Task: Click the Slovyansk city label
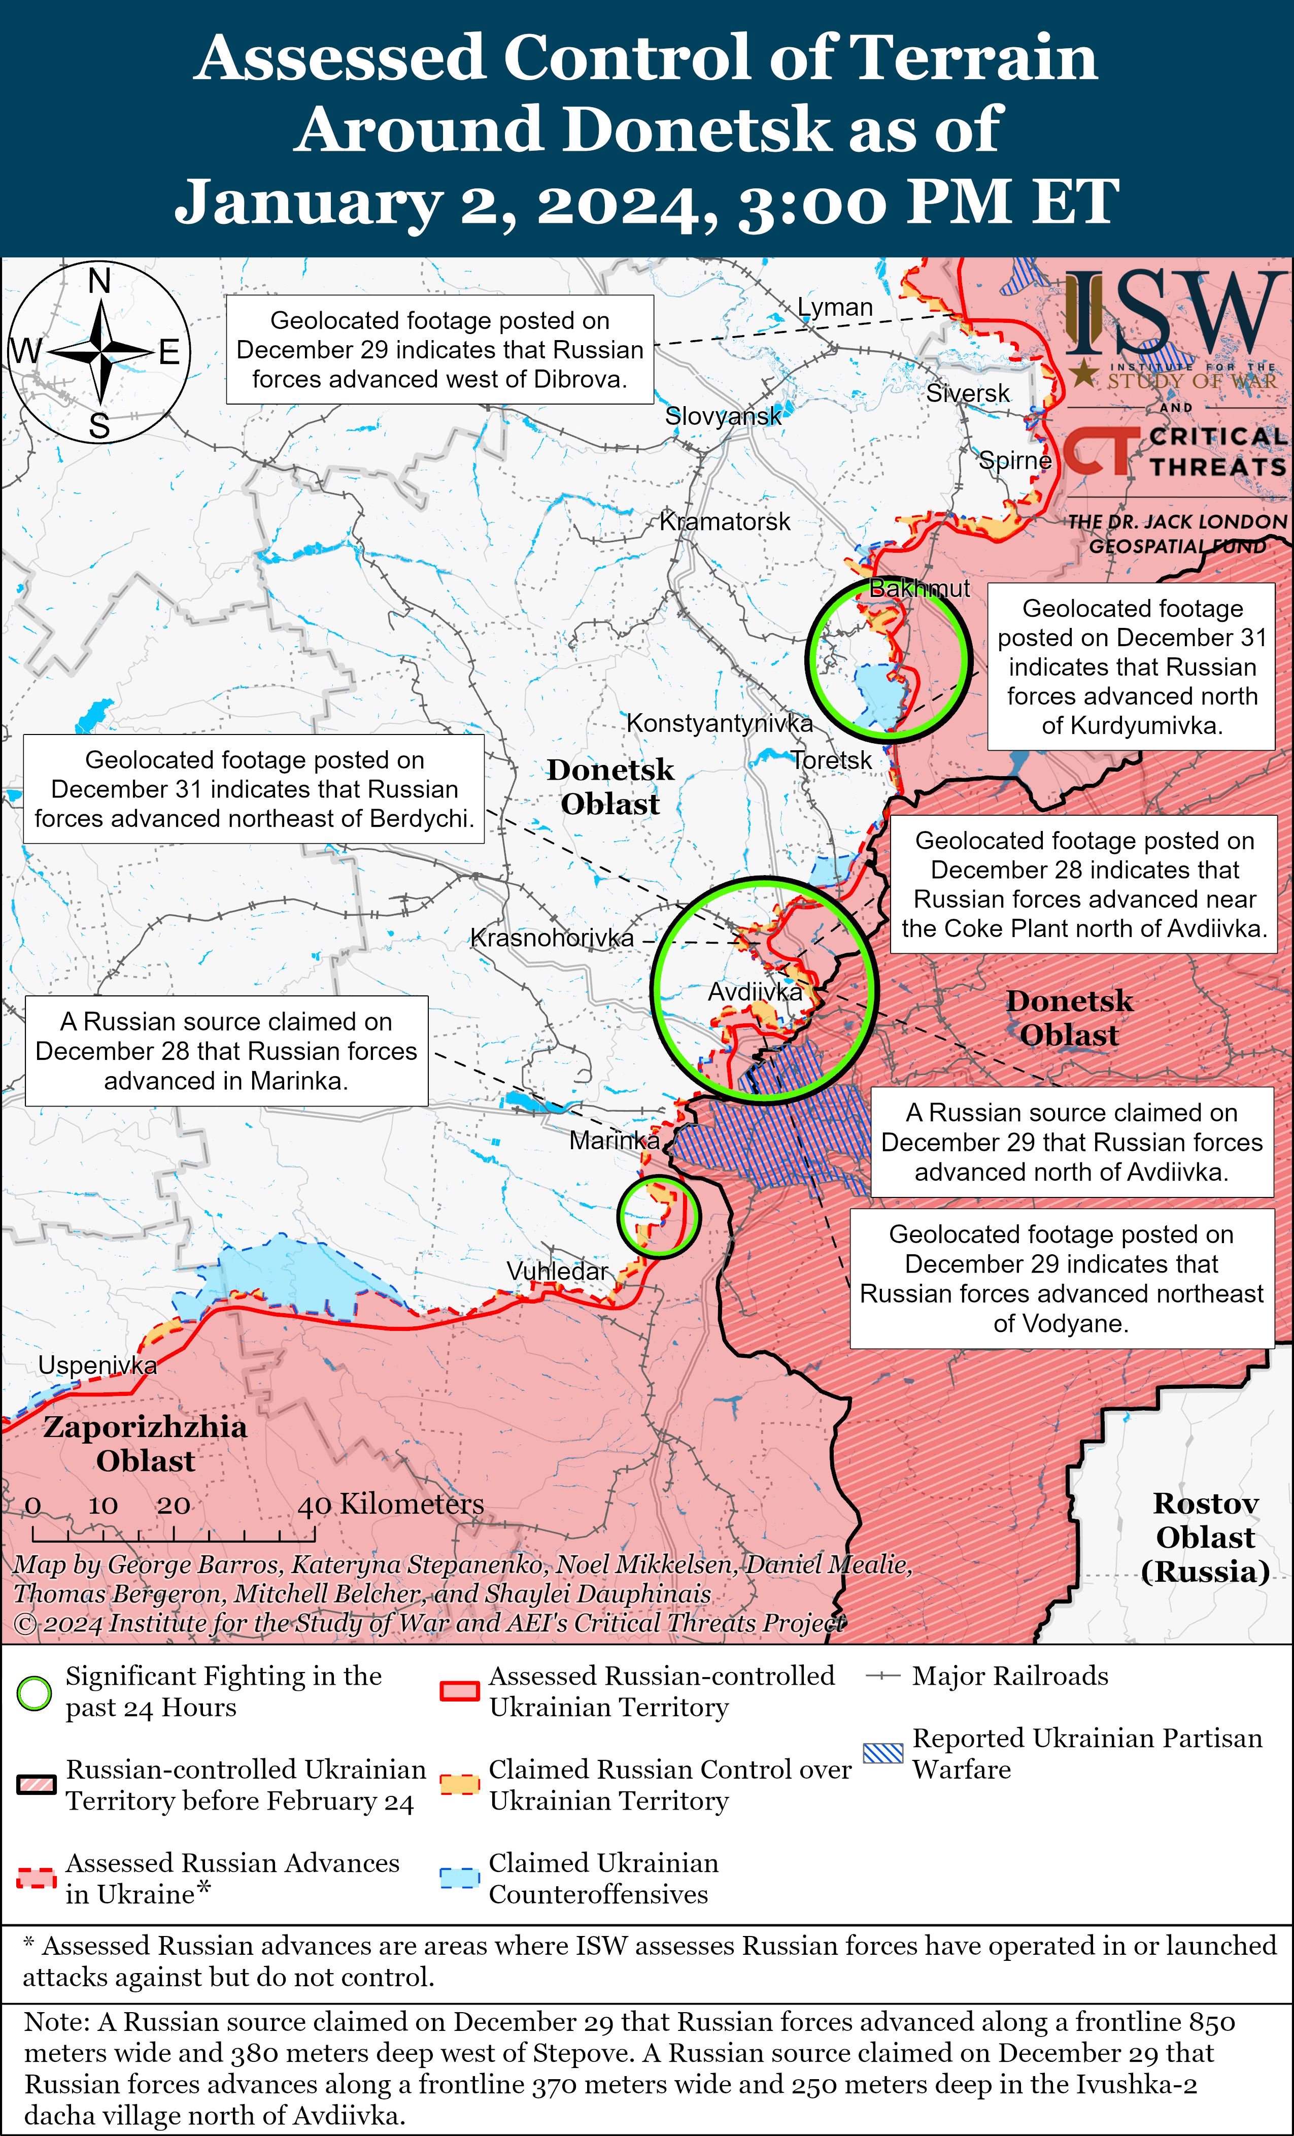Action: pyautogui.click(x=723, y=416)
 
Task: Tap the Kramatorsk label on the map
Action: pyautogui.click(x=725, y=522)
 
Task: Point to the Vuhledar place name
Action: pyautogui.click(x=557, y=1271)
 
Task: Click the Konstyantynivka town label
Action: pyautogui.click(x=720, y=723)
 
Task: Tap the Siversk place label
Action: pyautogui.click(x=967, y=393)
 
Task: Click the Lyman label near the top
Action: pyautogui.click(x=835, y=308)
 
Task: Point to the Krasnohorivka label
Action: pyautogui.click(x=552, y=938)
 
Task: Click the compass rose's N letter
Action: pyautogui.click(x=99, y=282)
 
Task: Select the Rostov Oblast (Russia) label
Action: pyautogui.click(x=1206, y=1537)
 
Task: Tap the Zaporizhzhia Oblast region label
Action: pyautogui.click(x=145, y=1443)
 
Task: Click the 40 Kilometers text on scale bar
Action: pyautogui.click(x=391, y=1504)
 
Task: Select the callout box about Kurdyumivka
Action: pyautogui.click(x=1131, y=666)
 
